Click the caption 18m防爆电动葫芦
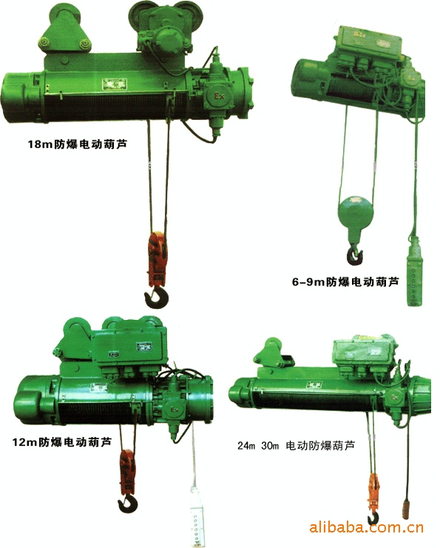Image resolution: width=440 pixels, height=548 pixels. (77, 144)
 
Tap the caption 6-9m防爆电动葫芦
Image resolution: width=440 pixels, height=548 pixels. (345, 281)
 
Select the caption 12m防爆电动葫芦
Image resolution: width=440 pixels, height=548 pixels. (62, 442)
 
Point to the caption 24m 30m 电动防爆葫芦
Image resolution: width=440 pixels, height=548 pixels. (296, 446)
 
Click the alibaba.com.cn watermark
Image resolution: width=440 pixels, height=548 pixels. (366, 527)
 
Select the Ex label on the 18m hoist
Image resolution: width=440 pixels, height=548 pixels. (219, 96)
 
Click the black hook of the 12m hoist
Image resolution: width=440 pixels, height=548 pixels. (127, 504)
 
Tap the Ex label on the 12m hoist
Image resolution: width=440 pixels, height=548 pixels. (174, 409)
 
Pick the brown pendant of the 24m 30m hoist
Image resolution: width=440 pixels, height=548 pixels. (407, 504)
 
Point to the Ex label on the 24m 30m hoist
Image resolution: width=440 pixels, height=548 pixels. (395, 398)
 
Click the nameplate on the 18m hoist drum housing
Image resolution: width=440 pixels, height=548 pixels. (115, 83)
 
